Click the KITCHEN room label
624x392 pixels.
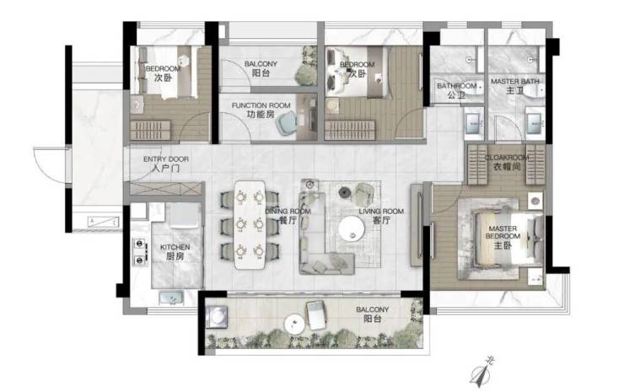click(x=175, y=252)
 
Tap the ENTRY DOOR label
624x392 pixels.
click(x=166, y=164)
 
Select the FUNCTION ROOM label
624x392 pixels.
click(x=261, y=110)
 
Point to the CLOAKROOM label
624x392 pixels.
click(x=507, y=162)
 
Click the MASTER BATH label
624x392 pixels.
click(x=515, y=86)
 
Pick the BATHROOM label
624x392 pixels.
click(x=456, y=90)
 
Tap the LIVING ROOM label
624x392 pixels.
click(x=381, y=216)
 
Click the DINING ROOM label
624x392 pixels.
click(x=288, y=216)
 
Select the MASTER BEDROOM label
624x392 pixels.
click(x=503, y=237)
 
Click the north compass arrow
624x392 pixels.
click(x=481, y=373)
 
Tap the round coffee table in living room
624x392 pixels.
click(x=352, y=228)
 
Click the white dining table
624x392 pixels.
click(x=250, y=225)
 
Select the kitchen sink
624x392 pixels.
click(x=171, y=298)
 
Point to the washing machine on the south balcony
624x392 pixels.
click(x=217, y=317)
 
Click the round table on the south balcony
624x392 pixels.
click(x=294, y=324)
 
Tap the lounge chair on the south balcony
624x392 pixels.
click(x=316, y=315)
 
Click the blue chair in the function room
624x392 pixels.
click(x=287, y=122)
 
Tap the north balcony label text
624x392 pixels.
click(x=261, y=68)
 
